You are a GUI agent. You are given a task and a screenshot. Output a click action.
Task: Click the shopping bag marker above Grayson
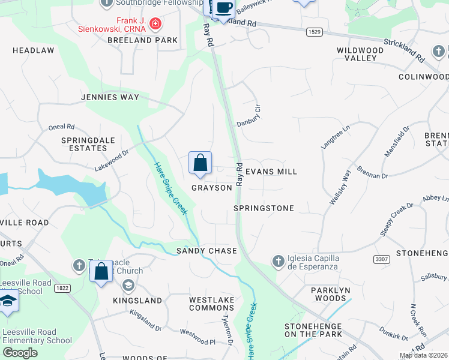click(200, 163)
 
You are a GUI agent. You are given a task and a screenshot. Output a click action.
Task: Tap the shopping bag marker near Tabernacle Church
click(101, 271)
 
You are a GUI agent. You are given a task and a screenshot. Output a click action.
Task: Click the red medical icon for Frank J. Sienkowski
click(155, 24)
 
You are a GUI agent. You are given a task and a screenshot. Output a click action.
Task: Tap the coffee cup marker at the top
click(223, 8)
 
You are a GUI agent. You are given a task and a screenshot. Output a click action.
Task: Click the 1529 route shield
click(313, 32)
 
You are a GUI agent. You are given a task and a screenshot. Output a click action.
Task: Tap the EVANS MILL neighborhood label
click(271, 172)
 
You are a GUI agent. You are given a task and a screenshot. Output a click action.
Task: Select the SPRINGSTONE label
click(264, 208)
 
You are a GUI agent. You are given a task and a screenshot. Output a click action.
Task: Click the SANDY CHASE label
click(206, 250)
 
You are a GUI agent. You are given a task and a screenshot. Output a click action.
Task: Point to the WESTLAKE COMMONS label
click(211, 304)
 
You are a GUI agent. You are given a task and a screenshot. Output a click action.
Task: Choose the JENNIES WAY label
click(110, 97)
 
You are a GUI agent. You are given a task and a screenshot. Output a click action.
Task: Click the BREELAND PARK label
click(142, 40)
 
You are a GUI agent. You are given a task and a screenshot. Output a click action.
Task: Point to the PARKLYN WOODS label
click(329, 294)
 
